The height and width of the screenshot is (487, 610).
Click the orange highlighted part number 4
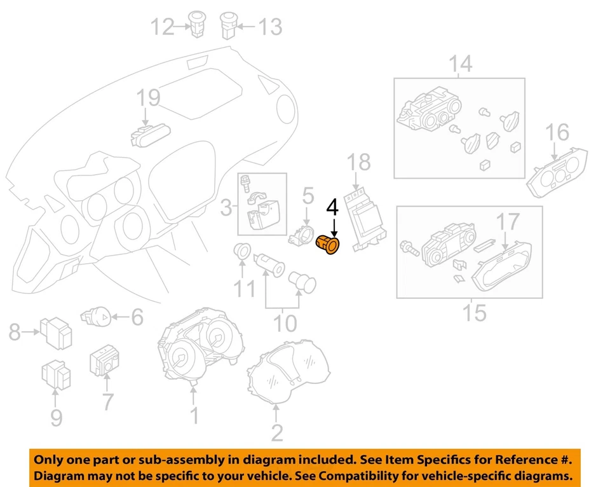pos(329,246)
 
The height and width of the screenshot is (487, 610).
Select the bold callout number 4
pos(333,208)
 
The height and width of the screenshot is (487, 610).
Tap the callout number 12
pos(162,27)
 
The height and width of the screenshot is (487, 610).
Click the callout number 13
pos(269,27)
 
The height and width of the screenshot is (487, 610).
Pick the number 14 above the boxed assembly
pos(462,64)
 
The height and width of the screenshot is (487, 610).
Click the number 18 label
pos(359,162)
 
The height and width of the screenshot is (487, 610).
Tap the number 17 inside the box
pos(508,222)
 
